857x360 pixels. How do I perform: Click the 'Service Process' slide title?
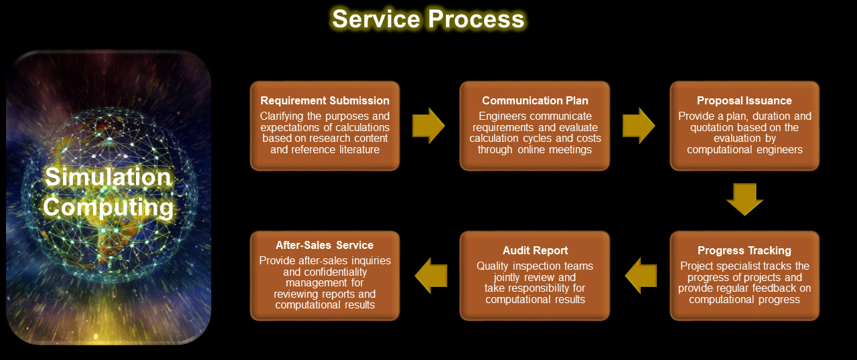(428, 19)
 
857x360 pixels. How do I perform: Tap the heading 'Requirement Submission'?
(325, 100)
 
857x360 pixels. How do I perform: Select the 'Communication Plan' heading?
(535, 100)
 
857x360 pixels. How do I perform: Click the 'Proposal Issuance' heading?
(744, 100)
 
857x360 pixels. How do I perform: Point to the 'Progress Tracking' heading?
(744, 251)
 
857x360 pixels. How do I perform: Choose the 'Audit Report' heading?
(535, 251)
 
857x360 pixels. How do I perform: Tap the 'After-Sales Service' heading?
(325, 245)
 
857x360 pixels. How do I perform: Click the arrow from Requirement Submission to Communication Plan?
(428, 126)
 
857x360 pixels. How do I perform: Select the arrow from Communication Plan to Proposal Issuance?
(639, 126)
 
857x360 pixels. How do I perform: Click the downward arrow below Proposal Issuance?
(745, 199)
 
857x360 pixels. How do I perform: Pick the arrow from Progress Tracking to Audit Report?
(641, 276)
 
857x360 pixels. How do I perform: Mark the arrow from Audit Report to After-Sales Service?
(431, 276)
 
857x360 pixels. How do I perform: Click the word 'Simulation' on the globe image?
(108, 177)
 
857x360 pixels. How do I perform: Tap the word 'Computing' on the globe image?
(108, 207)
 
